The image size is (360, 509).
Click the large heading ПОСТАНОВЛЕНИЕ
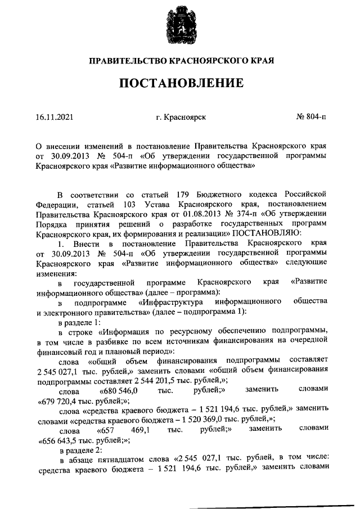click(x=180, y=83)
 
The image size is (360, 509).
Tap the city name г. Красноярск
click(x=180, y=118)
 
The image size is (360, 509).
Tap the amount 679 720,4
click(x=60, y=402)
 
